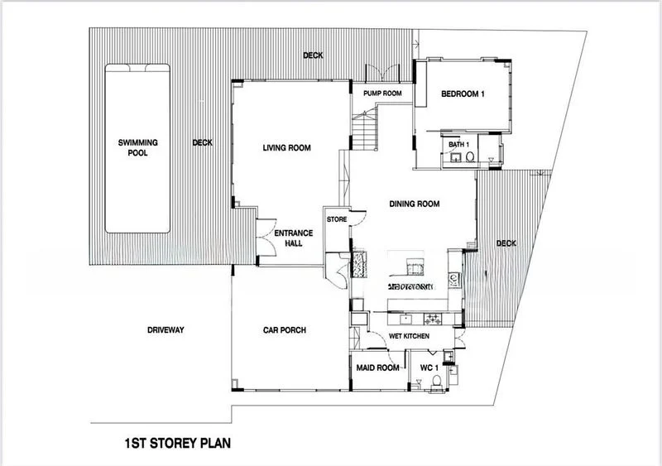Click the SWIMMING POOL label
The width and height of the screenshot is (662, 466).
click(x=137, y=147)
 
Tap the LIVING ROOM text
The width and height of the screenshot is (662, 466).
click(x=286, y=148)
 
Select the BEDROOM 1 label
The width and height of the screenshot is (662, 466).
click(x=462, y=94)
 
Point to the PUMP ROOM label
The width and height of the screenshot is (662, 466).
click(x=382, y=94)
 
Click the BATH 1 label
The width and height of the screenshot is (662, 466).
click(x=458, y=145)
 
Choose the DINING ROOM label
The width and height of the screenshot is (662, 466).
click(x=414, y=204)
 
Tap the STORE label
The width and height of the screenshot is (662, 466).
click(x=336, y=220)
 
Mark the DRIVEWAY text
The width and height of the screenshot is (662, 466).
click(x=165, y=329)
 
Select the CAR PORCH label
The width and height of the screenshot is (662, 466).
click(x=285, y=329)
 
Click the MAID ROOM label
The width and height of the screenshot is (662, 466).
click(x=377, y=367)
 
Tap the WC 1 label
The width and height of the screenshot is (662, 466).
click(x=428, y=367)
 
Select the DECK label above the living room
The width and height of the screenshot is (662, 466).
click(x=312, y=55)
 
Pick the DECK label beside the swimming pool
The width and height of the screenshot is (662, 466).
click(x=202, y=142)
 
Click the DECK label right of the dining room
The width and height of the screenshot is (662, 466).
click(x=506, y=243)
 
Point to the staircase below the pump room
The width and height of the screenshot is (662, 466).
click(x=365, y=128)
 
